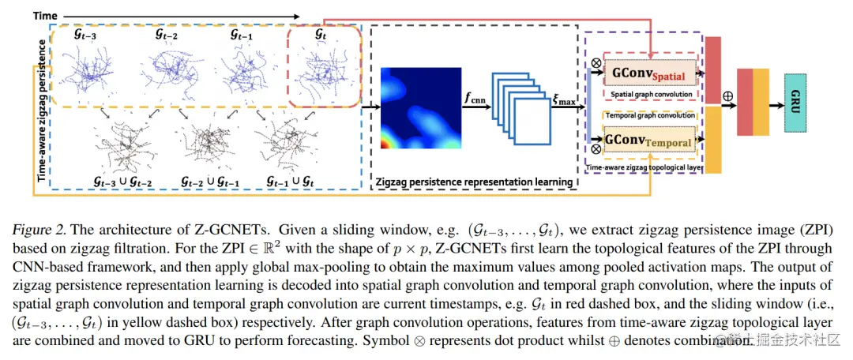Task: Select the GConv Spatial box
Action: pyautogui.click(x=648, y=73)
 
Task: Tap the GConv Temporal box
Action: pyautogui.click(x=649, y=143)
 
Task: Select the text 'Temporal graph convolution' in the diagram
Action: pyautogui.click(x=649, y=115)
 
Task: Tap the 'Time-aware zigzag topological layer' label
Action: pyautogui.click(x=644, y=167)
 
